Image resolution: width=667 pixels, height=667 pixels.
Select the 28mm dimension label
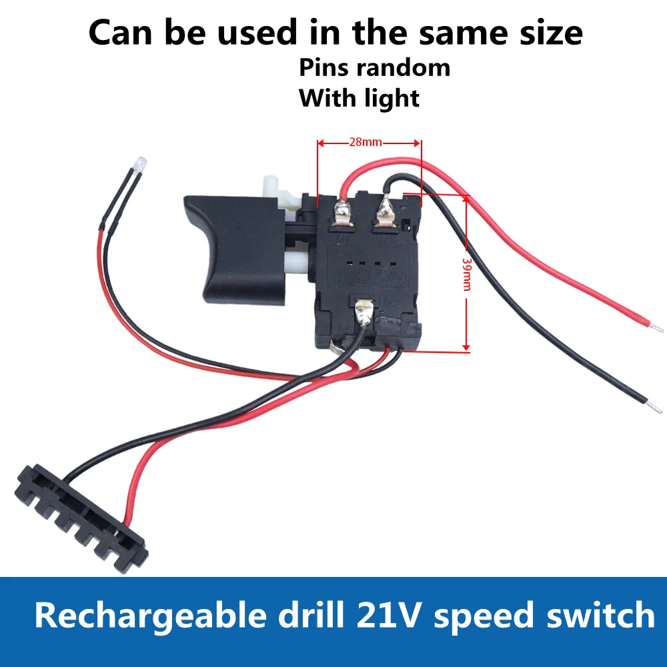click(x=365, y=142)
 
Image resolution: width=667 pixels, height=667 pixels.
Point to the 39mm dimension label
click(x=467, y=273)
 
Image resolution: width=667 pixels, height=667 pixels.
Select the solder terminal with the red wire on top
click(x=342, y=213)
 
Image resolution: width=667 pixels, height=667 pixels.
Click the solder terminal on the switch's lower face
click(x=364, y=311)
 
